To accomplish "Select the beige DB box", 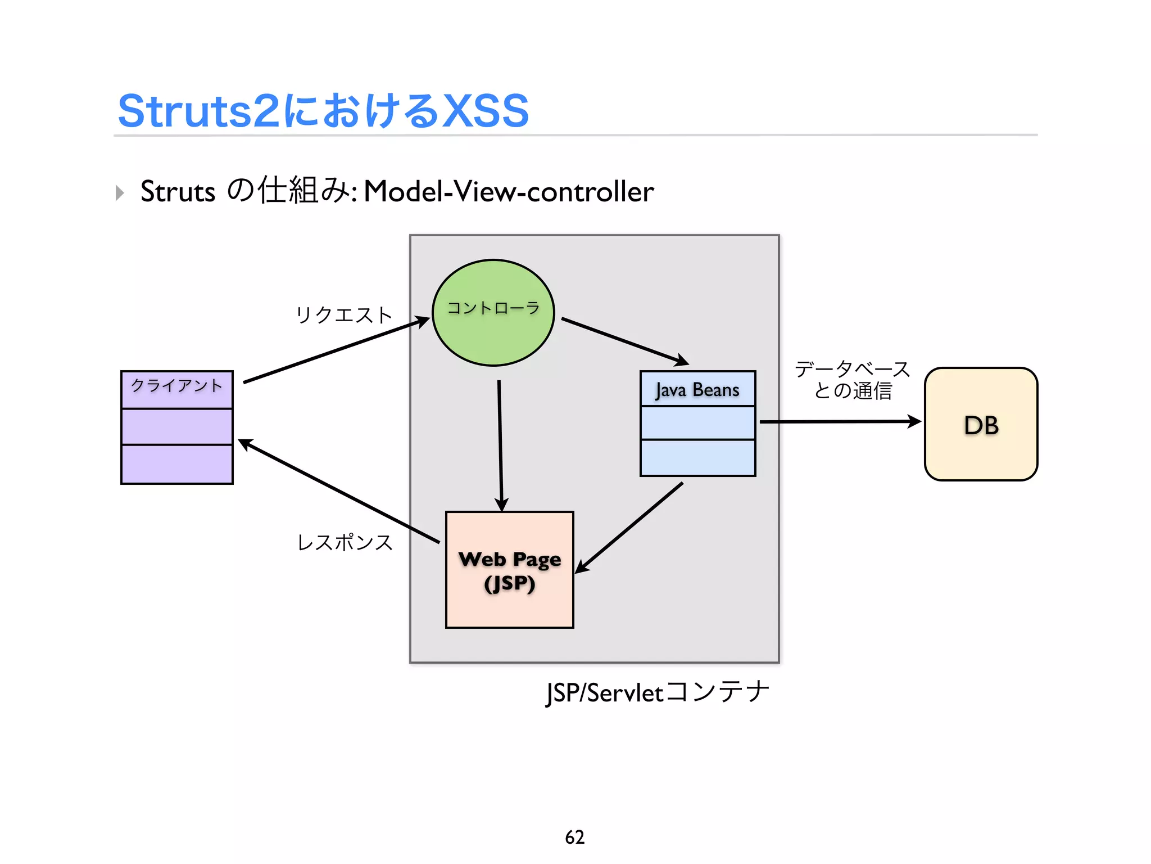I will click(x=981, y=424).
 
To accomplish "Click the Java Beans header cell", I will click(x=697, y=389).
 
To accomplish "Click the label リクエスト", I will click(x=343, y=315).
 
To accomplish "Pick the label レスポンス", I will click(x=345, y=542).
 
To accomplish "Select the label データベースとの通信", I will click(x=852, y=380).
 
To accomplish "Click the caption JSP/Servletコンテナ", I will click(x=657, y=692).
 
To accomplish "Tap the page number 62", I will click(x=574, y=837).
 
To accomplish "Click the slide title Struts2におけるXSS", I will click(x=323, y=111).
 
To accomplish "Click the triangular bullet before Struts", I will click(x=119, y=193).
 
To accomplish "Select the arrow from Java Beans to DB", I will click(x=840, y=421).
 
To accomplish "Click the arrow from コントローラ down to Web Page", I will click(x=500, y=444).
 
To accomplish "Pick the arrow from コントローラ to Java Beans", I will click(x=624, y=341).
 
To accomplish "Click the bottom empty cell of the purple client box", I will click(x=176, y=464).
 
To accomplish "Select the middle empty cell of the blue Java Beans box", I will click(x=697, y=423).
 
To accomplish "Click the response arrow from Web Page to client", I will click(x=337, y=491).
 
